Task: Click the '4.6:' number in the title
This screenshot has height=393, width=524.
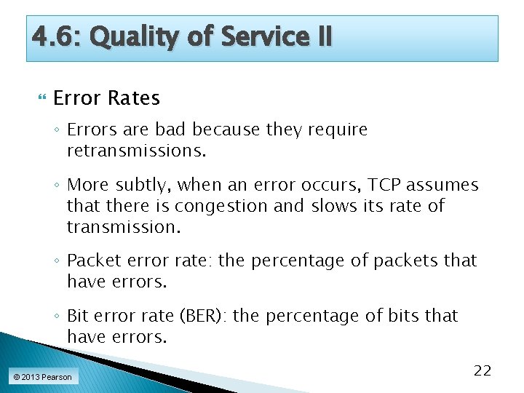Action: (55, 36)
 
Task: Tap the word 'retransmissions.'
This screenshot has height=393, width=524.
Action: (137, 151)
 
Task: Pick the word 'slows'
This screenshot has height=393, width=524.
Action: (333, 206)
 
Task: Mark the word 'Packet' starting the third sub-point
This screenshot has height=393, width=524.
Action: (92, 261)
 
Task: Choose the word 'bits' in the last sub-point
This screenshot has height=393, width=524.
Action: (406, 316)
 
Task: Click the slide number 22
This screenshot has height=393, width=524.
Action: (483, 371)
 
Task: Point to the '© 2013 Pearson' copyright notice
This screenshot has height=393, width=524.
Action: (41, 377)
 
